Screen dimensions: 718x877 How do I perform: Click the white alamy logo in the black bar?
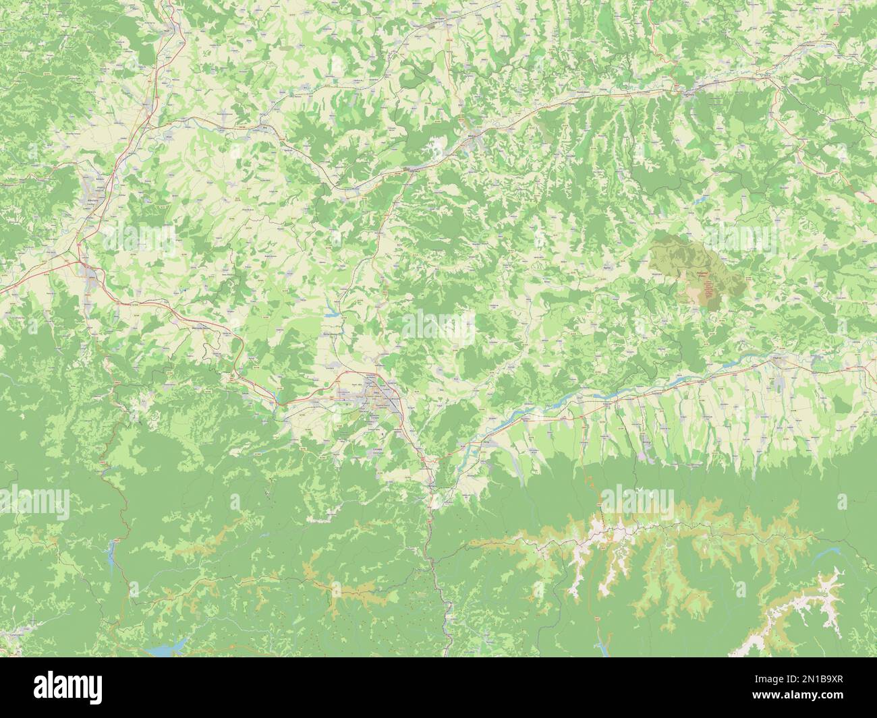tap(67, 688)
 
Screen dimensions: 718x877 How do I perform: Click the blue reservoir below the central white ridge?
tap(602, 645)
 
